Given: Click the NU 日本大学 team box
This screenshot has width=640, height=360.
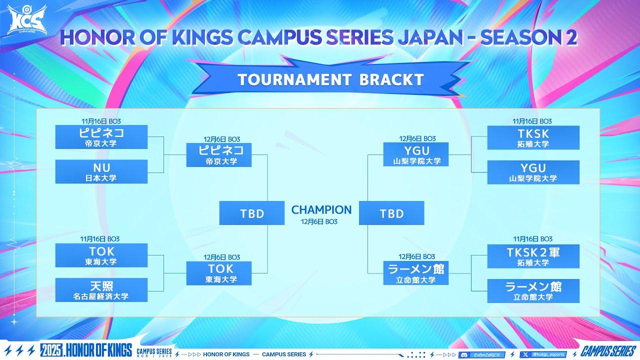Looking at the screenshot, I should [x=101, y=171].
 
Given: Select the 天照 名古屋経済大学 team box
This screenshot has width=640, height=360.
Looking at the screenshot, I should [x=101, y=290].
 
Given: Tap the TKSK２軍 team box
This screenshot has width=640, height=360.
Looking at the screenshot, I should [x=533, y=256].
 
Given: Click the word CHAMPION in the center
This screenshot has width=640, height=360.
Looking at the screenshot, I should [x=321, y=209].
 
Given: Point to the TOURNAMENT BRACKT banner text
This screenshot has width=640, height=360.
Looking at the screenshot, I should [x=330, y=79].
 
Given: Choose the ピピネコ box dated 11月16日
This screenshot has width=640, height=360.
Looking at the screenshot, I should [x=101, y=137].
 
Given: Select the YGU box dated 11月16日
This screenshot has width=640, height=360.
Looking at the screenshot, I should [x=533, y=172].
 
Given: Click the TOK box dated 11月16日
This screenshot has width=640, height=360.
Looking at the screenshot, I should [x=101, y=255].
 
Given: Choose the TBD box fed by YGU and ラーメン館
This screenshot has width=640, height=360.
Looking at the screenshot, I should [x=391, y=213].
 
